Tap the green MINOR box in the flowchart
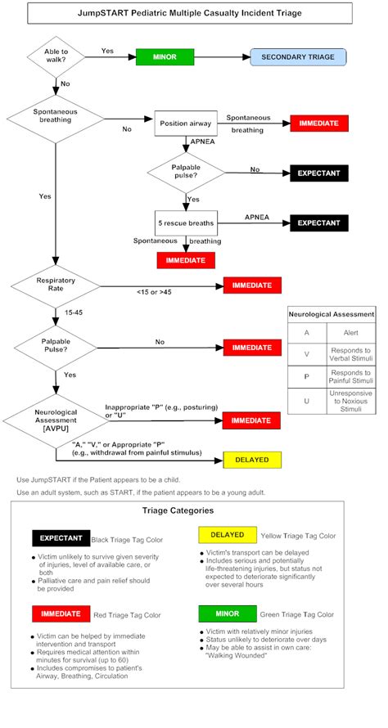pos(165,57)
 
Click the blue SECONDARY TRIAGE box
pos(298,57)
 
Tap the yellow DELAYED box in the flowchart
pos(252,459)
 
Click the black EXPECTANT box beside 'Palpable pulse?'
pos(319,173)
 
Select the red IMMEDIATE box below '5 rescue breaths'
pos(187,260)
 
